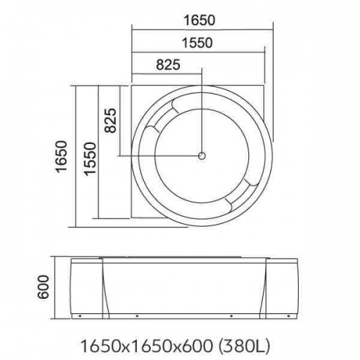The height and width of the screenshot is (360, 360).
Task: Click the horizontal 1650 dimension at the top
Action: click(199, 20)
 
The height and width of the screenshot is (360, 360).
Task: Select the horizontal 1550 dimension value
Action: click(197, 43)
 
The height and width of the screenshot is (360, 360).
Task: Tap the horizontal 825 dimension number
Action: click(168, 65)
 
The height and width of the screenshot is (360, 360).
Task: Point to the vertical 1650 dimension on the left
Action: click(61, 156)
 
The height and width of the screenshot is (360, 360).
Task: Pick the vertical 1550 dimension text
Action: click(90, 158)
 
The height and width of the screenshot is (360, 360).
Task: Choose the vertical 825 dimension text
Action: click(110, 120)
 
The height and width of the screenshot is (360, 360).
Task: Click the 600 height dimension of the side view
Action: click(43, 287)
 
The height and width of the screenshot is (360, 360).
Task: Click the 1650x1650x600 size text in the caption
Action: click(147, 346)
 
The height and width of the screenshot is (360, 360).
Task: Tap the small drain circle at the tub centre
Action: click(202, 156)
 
